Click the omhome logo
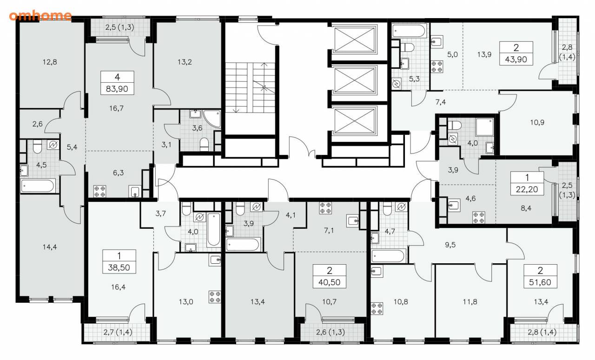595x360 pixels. [x=40, y=16]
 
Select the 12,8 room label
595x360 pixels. [x=50, y=62]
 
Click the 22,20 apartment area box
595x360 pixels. [x=527, y=183]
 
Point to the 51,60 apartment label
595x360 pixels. [x=540, y=276]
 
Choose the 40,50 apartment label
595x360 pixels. [x=330, y=276]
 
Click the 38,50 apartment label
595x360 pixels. [x=119, y=261]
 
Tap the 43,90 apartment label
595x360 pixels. [x=516, y=53]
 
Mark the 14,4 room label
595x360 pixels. [x=50, y=247]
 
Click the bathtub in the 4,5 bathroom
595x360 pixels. [x=38, y=186]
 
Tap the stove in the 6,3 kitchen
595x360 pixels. [x=99, y=191]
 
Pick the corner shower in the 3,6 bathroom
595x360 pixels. [x=212, y=119]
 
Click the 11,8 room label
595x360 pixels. [x=470, y=302]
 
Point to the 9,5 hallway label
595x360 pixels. [x=450, y=245]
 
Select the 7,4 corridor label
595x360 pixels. [x=441, y=102]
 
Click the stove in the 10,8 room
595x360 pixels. [x=377, y=308]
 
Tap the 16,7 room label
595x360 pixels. [x=116, y=108]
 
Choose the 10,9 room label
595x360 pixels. [x=537, y=123]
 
